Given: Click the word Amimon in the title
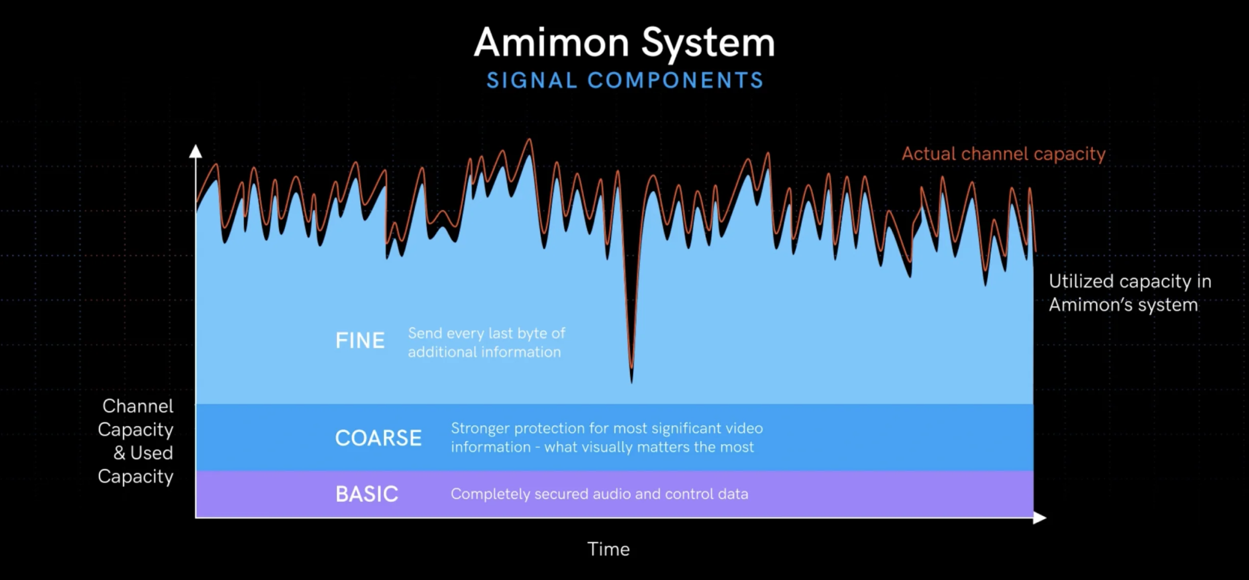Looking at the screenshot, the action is (x=551, y=42).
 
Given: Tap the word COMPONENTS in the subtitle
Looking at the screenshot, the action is (x=676, y=80).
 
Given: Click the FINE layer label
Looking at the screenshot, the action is (x=360, y=340).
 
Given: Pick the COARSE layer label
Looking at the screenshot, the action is (x=379, y=438).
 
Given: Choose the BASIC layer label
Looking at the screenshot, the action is (x=367, y=494).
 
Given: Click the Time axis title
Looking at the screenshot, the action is (x=609, y=549).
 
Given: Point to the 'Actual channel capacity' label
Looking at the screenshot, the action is (x=1004, y=154).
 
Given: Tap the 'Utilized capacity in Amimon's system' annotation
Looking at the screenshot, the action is (x=1130, y=293).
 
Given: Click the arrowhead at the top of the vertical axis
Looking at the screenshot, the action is (x=195, y=151).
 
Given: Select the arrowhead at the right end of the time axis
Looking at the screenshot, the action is (x=1039, y=518).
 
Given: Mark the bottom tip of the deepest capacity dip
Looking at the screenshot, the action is (x=631, y=382).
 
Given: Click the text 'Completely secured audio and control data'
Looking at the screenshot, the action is (x=599, y=494).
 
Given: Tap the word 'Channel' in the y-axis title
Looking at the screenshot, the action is (x=138, y=406).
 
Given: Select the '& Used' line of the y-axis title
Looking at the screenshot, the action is (x=143, y=453).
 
